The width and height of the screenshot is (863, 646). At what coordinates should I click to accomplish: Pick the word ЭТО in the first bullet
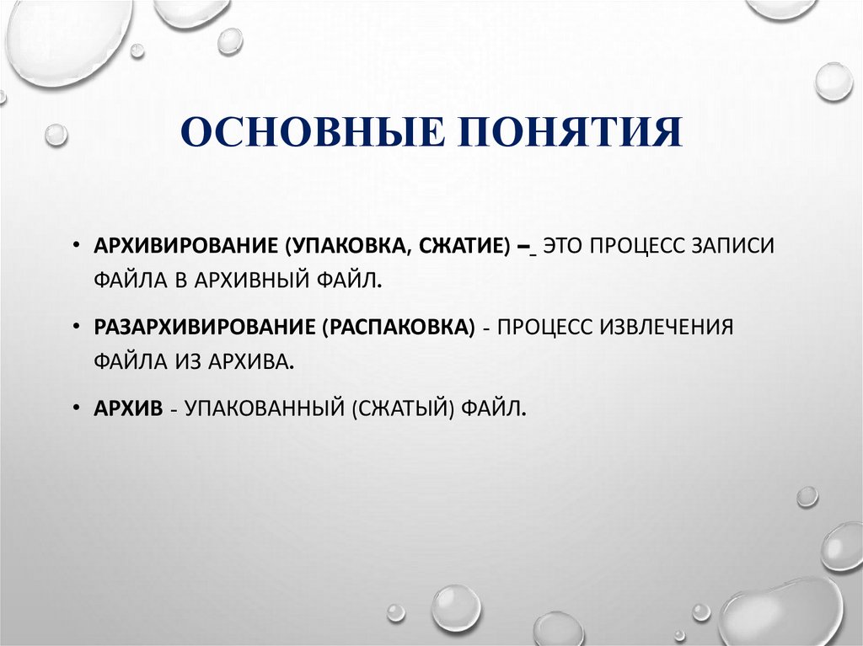[x=566, y=246]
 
